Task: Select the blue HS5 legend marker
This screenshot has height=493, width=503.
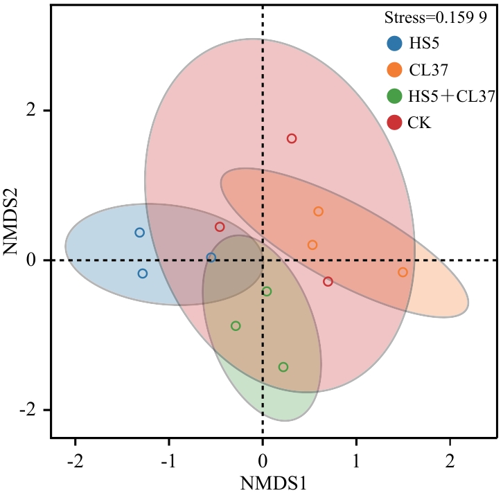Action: (x=395, y=44)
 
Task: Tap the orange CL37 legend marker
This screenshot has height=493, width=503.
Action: (x=395, y=70)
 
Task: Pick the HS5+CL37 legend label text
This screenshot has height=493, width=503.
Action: (x=450, y=96)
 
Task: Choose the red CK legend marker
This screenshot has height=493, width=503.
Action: (x=395, y=123)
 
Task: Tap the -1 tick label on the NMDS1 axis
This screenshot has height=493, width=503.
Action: (x=167, y=460)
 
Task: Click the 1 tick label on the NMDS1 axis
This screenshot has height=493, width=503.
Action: (x=356, y=460)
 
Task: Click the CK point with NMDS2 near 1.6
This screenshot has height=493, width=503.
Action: (x=292, y=138)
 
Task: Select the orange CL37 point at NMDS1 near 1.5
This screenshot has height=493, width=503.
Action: (x=403, y=272)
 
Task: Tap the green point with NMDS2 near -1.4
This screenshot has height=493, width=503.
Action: (x=283, y=367)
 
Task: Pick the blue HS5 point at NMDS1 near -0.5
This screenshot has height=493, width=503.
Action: (x=211, y=258)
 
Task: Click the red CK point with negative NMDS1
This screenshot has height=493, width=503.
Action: (x=220, y=227)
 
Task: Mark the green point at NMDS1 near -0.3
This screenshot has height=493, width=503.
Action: (x=236, y=326)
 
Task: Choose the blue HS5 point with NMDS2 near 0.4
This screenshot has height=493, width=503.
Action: (x=139, y=233)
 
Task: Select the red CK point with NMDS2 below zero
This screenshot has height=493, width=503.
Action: (x=328, y=282)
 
